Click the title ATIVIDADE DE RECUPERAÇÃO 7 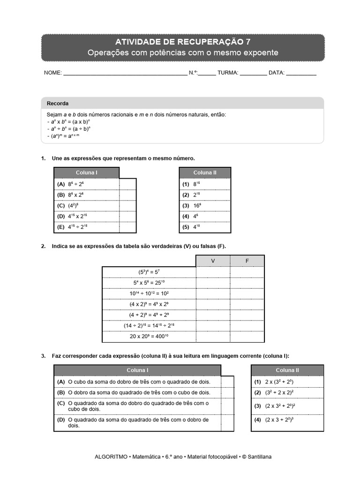pos(182,42)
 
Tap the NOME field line pos(125,74)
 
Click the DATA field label pos(277,73)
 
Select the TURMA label pos(228,73)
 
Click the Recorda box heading pos(58,104)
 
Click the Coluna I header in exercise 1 pos(86,172)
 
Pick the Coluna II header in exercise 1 pos(205,172)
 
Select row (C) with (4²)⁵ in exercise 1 pos(86,205)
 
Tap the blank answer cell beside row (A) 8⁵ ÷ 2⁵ pos(127,184)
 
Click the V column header pos(213,261)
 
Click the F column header pos(247,261)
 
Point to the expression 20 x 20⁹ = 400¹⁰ pos(149,337)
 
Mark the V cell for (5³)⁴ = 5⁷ pos(213,272)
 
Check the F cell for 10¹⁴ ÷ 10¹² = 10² pos(247,293)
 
